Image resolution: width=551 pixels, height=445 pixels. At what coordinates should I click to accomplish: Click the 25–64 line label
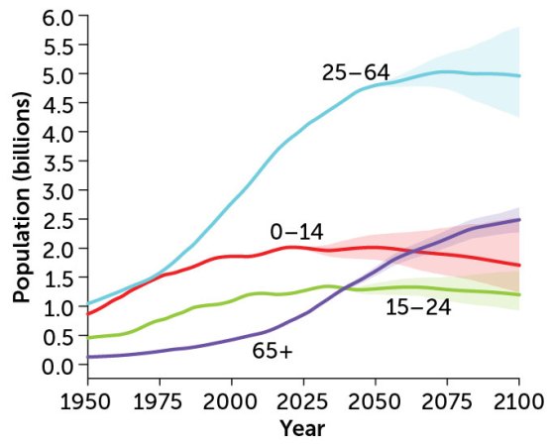356,73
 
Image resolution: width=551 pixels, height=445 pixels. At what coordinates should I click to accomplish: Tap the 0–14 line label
296,232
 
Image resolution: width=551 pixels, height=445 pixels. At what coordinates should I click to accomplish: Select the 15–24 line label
418,307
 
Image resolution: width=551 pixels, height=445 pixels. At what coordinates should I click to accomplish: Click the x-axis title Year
303,429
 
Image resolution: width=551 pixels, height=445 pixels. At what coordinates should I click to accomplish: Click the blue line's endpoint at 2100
518,75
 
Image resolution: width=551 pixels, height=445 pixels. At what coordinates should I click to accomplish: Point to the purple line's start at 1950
88,357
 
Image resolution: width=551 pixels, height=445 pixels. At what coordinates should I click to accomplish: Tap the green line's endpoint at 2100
518,295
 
